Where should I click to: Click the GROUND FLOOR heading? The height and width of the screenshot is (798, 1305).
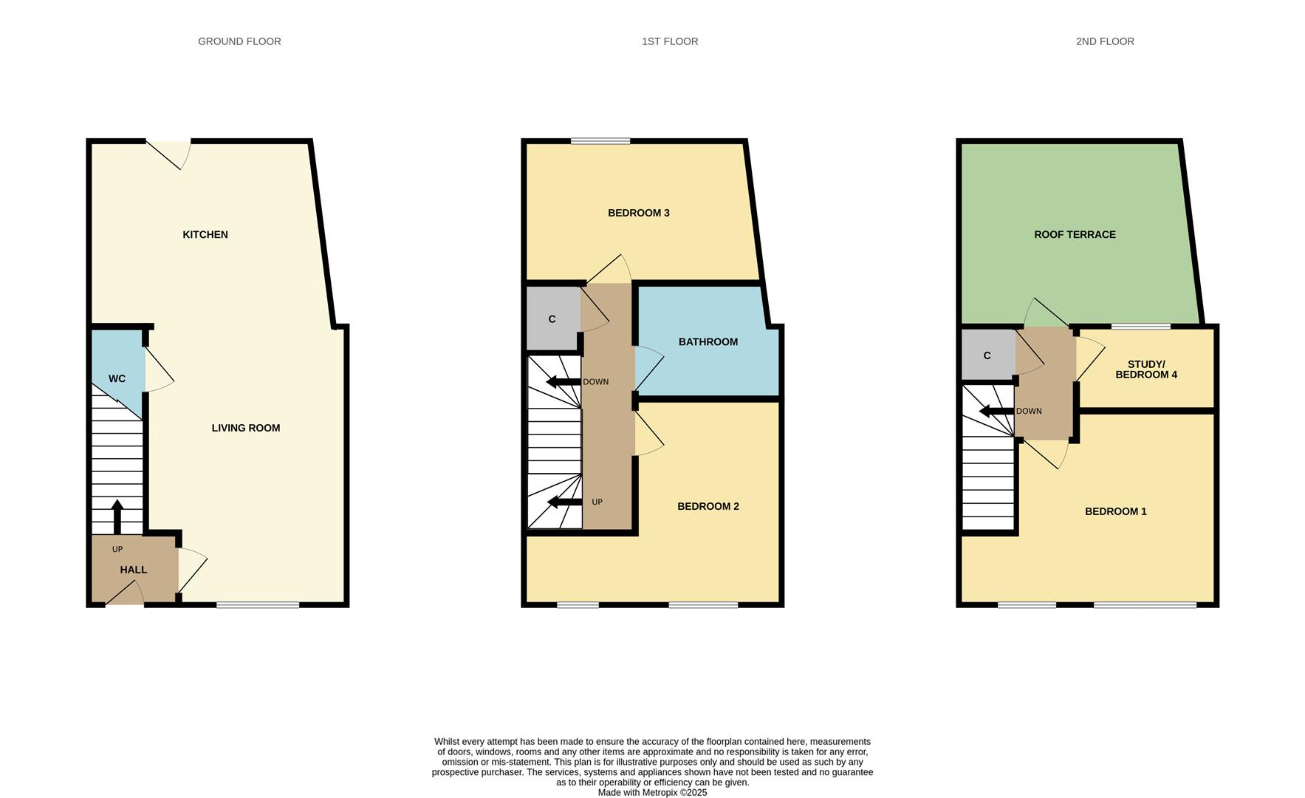(239, 41)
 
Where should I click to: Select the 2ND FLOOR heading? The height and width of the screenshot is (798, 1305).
(1104, 41)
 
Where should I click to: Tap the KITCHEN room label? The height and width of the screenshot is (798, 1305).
(205, 234)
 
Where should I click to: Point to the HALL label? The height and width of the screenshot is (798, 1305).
(134, 570)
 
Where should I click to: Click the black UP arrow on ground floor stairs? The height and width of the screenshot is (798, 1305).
(117, 516)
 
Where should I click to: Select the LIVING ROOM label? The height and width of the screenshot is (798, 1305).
(245, 428)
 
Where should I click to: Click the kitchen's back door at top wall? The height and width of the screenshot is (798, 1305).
(168, 151)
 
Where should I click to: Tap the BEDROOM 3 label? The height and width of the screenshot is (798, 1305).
(638, 213)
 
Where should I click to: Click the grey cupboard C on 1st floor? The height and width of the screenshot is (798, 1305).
(552, 318)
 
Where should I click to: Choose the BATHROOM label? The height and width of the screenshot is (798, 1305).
(708, 341)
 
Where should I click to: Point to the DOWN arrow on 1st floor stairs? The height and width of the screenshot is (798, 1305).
(563, 382)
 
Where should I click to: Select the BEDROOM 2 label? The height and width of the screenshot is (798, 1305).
(708, 506)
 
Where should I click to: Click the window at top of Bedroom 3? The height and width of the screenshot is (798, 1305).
(600, 140)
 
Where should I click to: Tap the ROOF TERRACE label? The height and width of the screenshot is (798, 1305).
(1074, 234)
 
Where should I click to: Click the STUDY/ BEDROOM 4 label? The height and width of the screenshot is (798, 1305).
(1145, 369)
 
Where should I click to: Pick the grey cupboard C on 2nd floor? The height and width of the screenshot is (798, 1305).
(987, 355)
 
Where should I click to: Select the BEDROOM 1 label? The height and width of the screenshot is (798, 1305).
(1115, 511)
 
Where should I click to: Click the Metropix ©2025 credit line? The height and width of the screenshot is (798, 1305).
(652, 793)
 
